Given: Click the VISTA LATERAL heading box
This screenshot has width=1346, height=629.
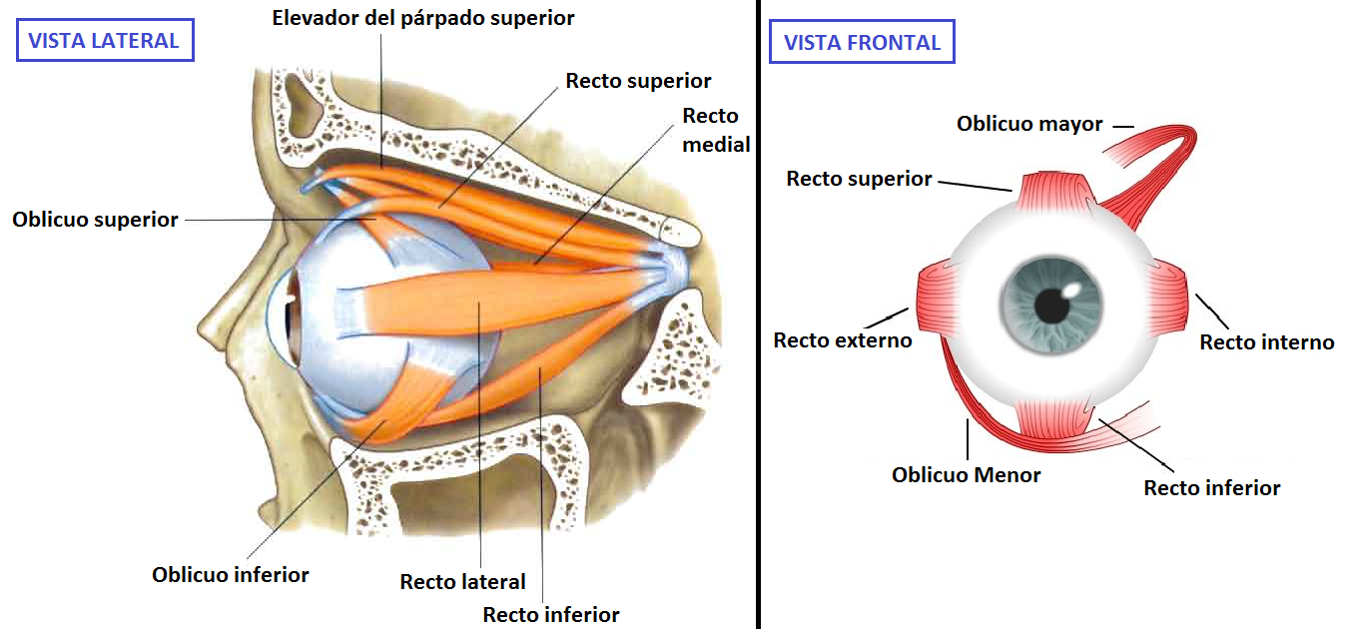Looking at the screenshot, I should (103, 41).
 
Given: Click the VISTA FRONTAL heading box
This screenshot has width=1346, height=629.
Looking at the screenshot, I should (862, 43).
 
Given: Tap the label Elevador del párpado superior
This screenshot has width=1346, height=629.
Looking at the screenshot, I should (423, 18).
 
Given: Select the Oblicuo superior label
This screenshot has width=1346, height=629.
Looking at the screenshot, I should (95, 219).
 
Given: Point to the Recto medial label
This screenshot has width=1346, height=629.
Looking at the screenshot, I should (716, 130).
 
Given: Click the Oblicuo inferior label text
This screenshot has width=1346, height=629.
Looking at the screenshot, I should (231, 574).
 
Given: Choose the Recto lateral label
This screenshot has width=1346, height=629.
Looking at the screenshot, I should (462, 581).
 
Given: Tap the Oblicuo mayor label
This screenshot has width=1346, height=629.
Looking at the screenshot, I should (1029, 124).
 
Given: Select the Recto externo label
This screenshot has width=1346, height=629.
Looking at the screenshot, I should (843, 340).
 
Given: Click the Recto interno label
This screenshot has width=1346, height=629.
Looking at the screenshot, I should (1266, 342).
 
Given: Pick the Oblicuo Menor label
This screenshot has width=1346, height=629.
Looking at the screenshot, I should (966, 475).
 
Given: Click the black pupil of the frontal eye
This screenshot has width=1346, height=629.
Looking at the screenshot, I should (1051, 305).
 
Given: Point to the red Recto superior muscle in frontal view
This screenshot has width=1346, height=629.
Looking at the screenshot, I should (1052, 191).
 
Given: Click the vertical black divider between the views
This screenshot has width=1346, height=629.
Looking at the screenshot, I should (758, 314).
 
